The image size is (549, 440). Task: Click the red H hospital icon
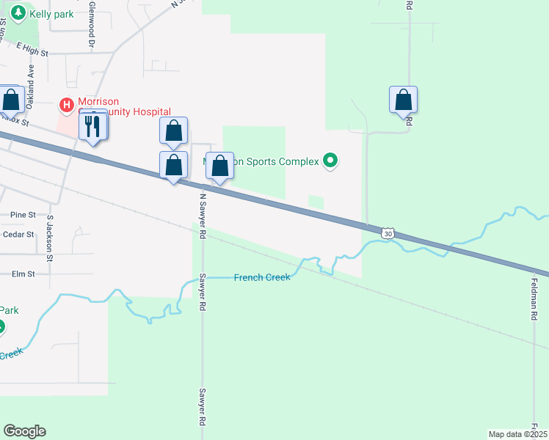coord(67,106)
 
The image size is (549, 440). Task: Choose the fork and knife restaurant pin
coord(92,126)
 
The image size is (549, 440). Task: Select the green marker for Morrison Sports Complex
coord(330,160)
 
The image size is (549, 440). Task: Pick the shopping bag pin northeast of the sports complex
coord(403,100)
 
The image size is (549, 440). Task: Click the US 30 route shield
coord(388,233)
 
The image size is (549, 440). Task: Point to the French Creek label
coord(262,277)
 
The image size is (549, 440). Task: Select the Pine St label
coord(23,214)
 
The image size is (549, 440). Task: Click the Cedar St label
coord(19,235)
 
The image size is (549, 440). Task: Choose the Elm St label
coord(23,274)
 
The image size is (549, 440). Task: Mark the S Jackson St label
coord(50,238)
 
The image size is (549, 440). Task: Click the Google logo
coord(24,431)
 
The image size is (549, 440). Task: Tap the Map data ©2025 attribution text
coord(517,434)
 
